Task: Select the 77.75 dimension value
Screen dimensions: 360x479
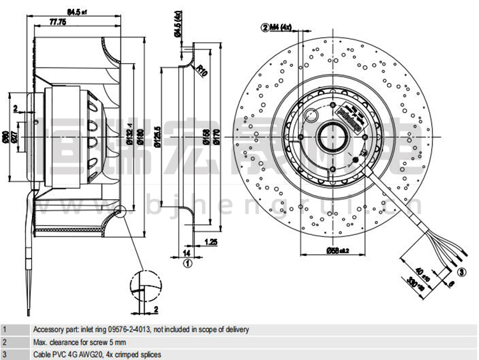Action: click(x=59, y=22)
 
